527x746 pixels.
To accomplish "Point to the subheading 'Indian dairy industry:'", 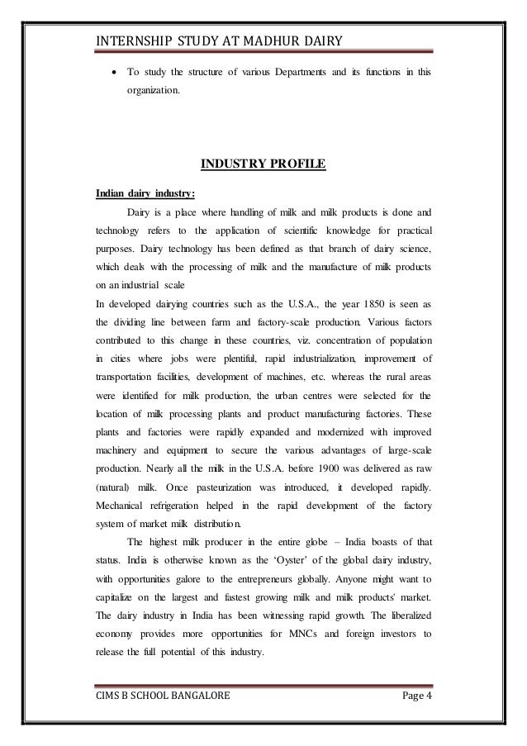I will point(145,196).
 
